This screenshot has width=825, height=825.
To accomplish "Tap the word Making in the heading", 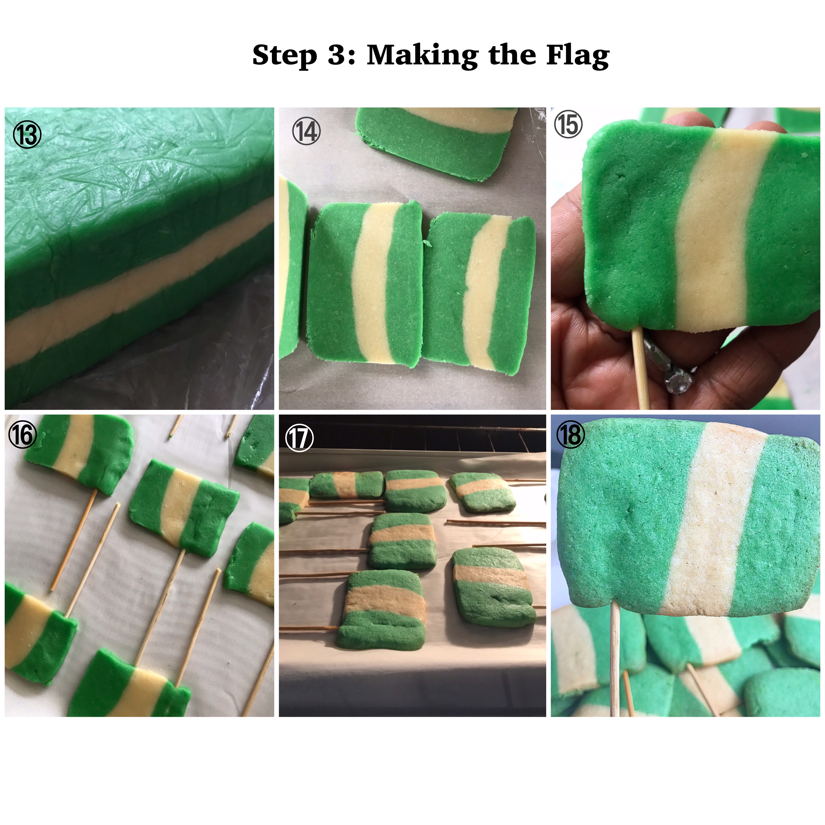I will [x=422, y=56].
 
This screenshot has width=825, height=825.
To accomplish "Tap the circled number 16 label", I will [x=22, y=435].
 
